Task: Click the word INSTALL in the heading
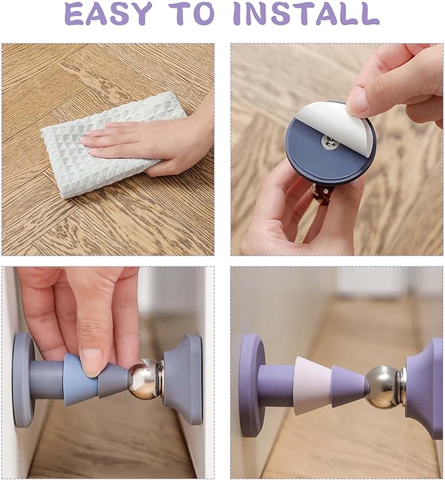click(306, 14)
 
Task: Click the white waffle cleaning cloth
click(113, 145)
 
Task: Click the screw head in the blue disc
click(331, 142)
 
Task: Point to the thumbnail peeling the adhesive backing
click(357, 103)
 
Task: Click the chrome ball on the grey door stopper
click(143, 379)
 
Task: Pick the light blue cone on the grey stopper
click(81, 380)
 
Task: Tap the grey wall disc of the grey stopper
click(23, 380)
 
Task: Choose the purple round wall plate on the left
click(250, 386)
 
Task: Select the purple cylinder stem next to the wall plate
click(277, 385)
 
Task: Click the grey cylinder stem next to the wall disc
click(47, 380)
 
